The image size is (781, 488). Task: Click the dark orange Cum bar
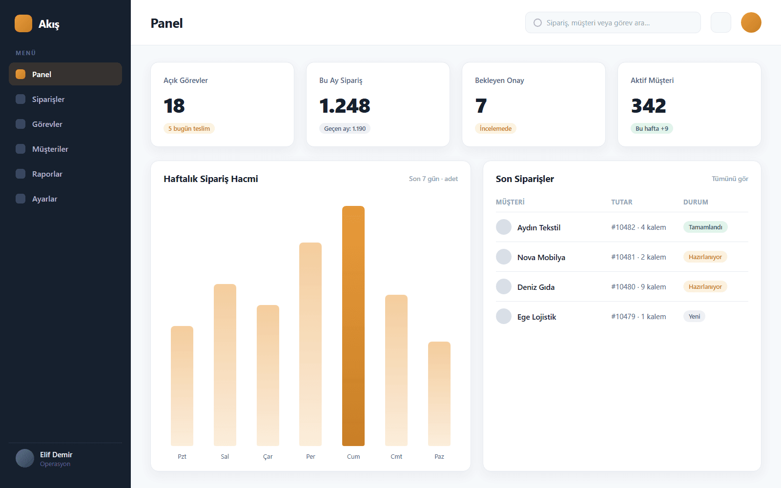[353, 326]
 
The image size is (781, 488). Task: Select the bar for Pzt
[182, 386]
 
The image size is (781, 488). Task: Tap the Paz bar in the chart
[439, 394]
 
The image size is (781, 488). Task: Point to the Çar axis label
[268, 456]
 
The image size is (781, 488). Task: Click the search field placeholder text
[598, 22]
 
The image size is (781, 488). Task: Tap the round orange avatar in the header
[751, 22]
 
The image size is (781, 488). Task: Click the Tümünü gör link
[730, 179]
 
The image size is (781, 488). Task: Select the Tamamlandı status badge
[705, 227]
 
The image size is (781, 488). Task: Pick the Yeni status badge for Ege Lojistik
[694, 316]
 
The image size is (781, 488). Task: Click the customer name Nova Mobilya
[541, 257]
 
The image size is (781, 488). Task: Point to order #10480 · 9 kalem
[638, 286]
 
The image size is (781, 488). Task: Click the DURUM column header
[696, 202]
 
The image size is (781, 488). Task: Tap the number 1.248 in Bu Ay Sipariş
[345, 105]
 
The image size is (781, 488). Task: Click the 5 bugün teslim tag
[189, 128]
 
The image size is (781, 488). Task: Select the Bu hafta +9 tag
[652, 128]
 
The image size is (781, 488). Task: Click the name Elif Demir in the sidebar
[56, 454]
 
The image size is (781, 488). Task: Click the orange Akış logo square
[23, 23]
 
